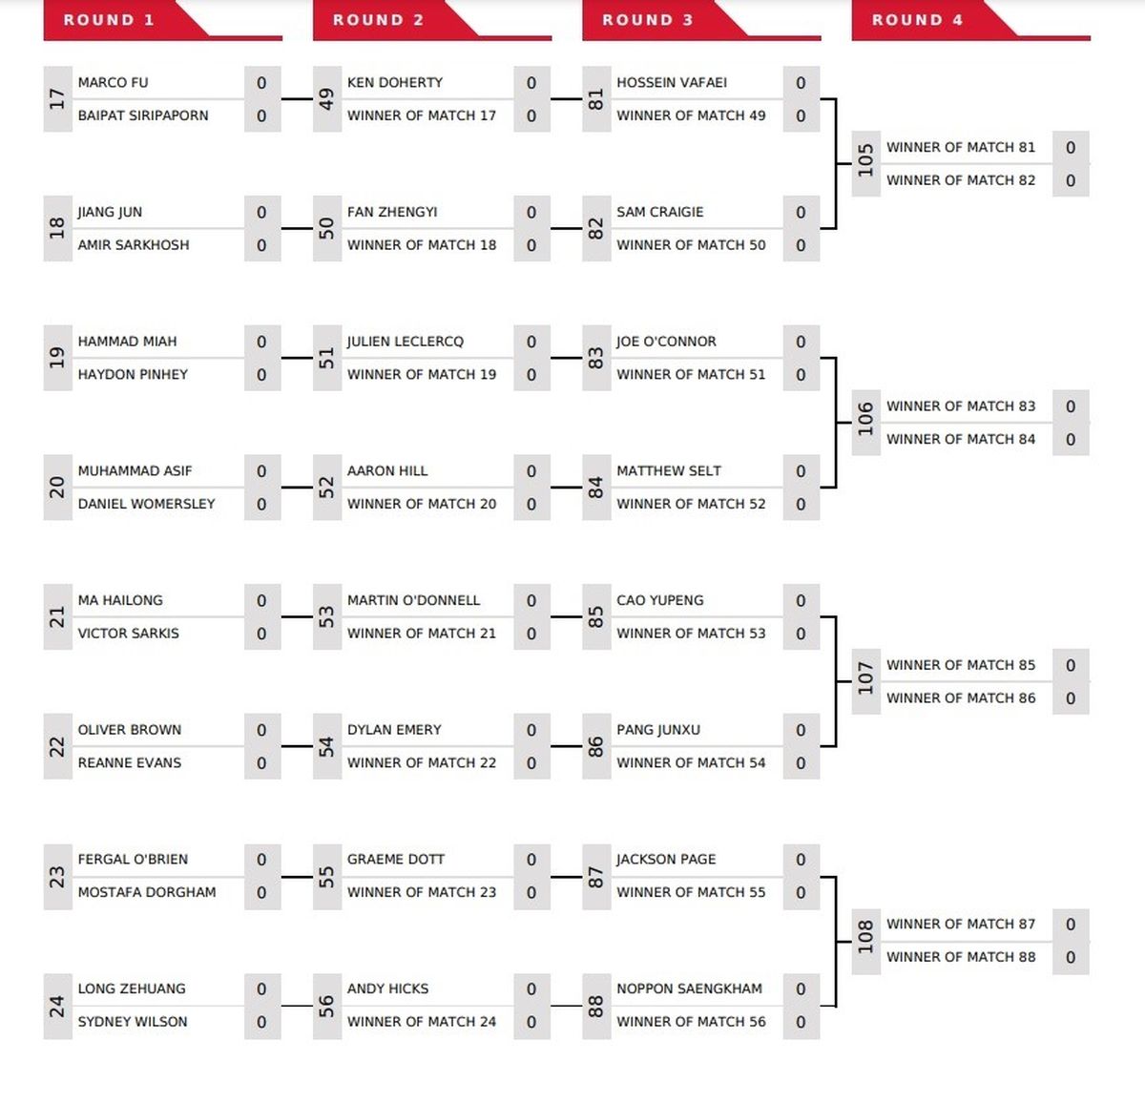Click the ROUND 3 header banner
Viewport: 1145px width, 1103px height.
pos(700,21)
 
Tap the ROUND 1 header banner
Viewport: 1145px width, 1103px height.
pos(162,21)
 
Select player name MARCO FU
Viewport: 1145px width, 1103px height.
pos(113,82)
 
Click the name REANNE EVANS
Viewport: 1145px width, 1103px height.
pos(130,762)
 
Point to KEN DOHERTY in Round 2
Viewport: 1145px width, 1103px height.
pos(395,82)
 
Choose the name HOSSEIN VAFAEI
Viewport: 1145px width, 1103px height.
pos(672,82)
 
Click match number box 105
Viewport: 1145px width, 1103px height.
pos(866,163)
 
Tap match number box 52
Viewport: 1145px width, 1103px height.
pos(327,487)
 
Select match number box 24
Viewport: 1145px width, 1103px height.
pos(57,1006)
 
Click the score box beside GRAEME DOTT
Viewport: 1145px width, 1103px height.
pos(531,860)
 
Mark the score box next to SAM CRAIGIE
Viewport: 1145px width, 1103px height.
pos(801,213)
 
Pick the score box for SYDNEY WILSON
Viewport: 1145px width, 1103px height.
pos(261,1023)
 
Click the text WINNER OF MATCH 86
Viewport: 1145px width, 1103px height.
pos(961,697)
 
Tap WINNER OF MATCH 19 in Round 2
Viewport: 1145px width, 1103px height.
pos(422,374)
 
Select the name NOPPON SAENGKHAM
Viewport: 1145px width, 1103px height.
pos(689,989)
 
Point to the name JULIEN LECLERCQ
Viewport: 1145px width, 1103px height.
pos(406,342)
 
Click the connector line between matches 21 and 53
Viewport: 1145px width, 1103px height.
pos(297,616)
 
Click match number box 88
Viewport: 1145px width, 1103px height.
pos(596,1006)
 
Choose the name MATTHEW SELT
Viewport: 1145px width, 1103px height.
pos(669,470)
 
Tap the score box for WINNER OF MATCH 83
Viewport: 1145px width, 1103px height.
pos(1071,406)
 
